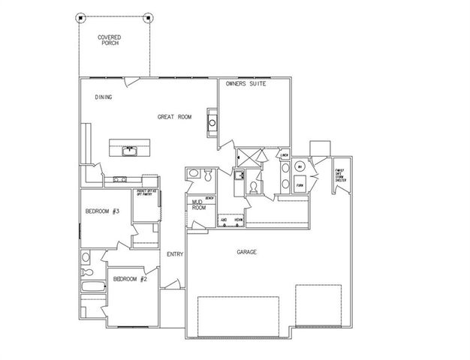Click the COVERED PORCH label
click(x=110, y=40)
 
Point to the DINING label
click(x=104, y=97)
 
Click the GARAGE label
click(x=246, y=253)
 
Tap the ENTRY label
click(x=175, y=254)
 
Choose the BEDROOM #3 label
click(x=103, y=212)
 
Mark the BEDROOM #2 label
click(x=128, y=279)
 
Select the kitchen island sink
click(x=130, y=149)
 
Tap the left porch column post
click(x=81, y=17)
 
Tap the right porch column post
click(x=148, y=17)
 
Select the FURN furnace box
click(x=299, y=184)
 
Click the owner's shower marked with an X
click(x=248, y=157)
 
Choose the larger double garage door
click(x=238, y=315)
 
